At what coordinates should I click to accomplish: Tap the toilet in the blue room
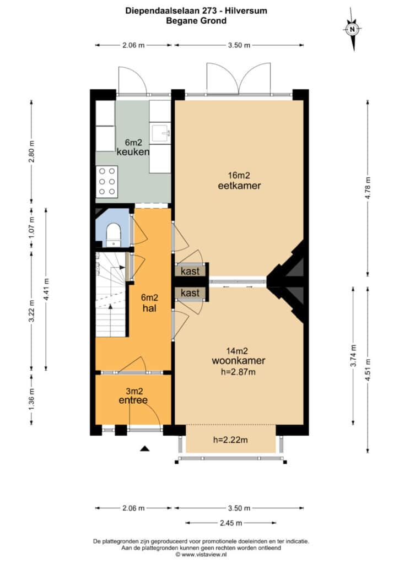pyautogui.click(x=114, y=234)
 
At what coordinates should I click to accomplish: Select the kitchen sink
pyautogui.click(x=161, y=133)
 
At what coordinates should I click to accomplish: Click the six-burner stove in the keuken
pyautogui.click(x=107, y=181)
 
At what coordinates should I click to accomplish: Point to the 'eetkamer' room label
pyautogui.click(x=239, y=186)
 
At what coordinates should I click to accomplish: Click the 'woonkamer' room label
pyautogui.click(x=239, y=360)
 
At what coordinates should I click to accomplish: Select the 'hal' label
pyautogui.click(x=149, y=308)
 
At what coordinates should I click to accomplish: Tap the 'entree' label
pyautogui.click(x=133, y=400)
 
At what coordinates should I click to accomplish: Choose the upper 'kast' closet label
pyautogui.click(x=190, y=271)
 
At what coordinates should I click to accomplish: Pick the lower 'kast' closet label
pyautogui.click(x=190, y=293)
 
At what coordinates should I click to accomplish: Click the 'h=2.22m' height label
pyautogui.click(x=230, y=440)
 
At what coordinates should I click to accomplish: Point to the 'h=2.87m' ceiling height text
pyautogui.click(x=238, y=372)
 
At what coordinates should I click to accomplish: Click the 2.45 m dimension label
pyautogui.click(x=231, y=523)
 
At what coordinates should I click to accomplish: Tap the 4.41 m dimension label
pyautogui.click(x=46, y=290)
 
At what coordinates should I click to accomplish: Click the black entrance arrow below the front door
pyautogui.click(x=144, y=448)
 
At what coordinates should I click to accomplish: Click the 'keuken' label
pyautogui.click(x=133, y=152)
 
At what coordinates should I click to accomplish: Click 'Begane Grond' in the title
pyautogui.click(x=196, y=20)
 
